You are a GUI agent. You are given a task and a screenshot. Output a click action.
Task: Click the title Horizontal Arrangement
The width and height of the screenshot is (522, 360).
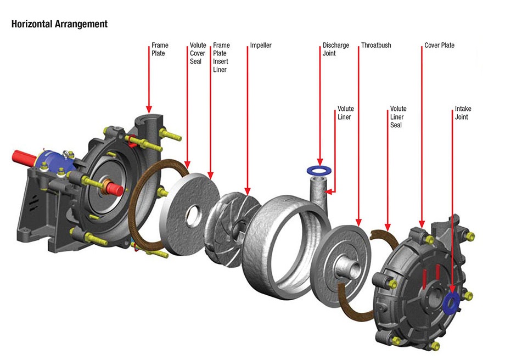click(59, 24)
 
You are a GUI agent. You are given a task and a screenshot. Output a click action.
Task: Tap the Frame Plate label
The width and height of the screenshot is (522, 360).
click(160, 49)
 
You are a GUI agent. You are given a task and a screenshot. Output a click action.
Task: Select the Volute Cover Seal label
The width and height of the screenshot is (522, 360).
click(198, 53)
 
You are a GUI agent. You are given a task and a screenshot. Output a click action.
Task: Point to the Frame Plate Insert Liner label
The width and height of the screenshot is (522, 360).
click(221, 57)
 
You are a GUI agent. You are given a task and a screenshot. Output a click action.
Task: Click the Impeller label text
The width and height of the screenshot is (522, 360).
click(261, 46)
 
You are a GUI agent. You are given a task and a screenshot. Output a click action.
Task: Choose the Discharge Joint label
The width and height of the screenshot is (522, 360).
click(335, 49)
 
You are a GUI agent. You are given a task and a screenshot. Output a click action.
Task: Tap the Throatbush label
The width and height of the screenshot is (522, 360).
click(376, 46)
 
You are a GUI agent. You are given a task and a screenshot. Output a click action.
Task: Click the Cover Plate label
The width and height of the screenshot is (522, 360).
click(439, 46)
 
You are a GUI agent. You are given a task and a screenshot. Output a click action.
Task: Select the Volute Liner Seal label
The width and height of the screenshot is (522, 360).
click(398, 117)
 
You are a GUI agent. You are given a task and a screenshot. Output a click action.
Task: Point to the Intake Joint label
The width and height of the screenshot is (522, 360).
click(463, 113)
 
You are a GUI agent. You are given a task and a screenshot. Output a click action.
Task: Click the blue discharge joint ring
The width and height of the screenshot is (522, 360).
click(319, 168)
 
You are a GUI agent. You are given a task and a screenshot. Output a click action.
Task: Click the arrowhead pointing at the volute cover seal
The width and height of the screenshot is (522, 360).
click(187, 165)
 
